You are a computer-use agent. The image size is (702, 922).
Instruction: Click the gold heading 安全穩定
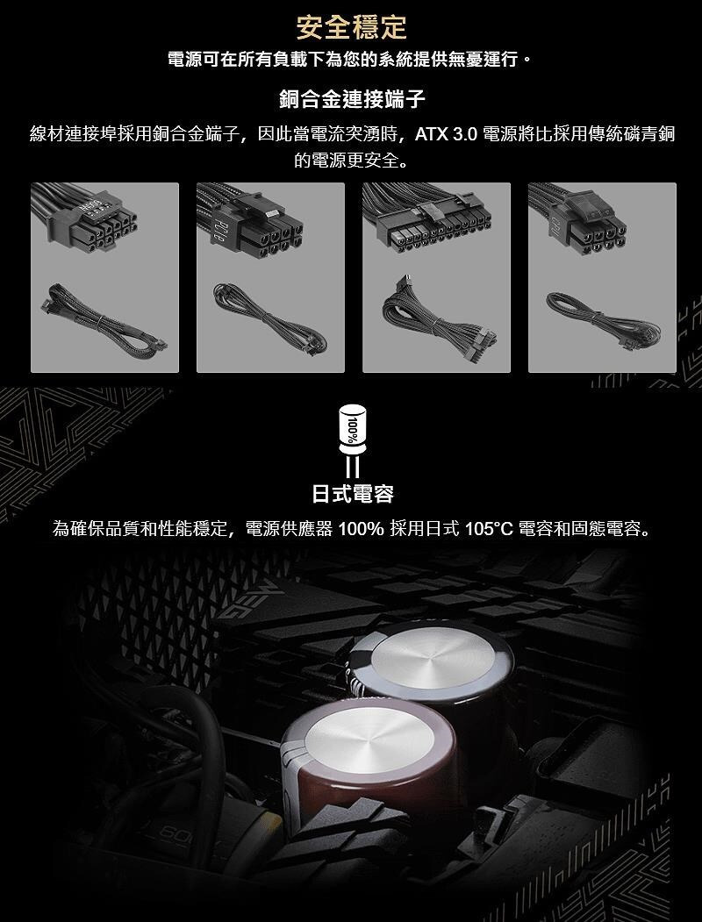(x=351, y=27)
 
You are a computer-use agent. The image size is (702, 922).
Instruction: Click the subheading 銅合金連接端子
(x=352, y=99)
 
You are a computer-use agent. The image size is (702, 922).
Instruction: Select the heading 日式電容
(x=352, y=493)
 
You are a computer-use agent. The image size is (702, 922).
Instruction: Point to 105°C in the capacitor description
(x=489, y=529)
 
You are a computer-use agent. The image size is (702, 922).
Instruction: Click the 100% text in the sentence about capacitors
(x=361, y=529)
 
